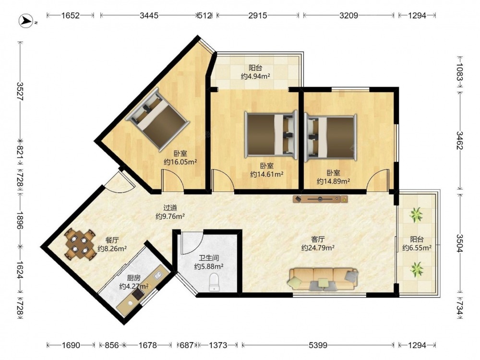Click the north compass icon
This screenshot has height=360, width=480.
(26, 21)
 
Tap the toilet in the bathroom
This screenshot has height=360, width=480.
(214, 282)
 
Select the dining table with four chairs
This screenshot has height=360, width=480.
(80, 244)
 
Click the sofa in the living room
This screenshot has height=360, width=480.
(323, 278)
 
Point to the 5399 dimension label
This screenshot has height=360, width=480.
(318, 345)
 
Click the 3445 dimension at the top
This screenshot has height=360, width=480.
(149, 15)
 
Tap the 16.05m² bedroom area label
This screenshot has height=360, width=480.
(180, 162)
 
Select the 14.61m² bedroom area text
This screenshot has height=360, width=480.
(266, 175)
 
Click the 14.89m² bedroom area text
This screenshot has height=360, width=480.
(334, 181)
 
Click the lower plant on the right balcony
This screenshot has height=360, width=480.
(416, 269)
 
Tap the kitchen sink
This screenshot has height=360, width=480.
(158, 275)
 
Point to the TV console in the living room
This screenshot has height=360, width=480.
(320, 199)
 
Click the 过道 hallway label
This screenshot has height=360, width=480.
(170, 208)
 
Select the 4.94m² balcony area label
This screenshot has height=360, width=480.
(255, 76)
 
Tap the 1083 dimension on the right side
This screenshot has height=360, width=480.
(460, 72)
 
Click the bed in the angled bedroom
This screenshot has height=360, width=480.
(157, 120)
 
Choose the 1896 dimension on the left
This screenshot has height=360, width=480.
(20, 220)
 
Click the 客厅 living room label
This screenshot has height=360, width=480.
(318, 240)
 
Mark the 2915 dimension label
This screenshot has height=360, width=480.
(257, 15)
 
